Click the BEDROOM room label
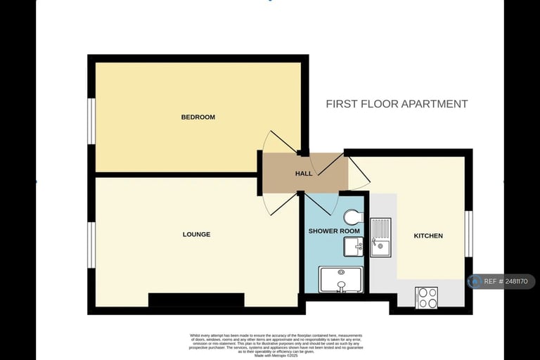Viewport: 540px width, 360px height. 198,117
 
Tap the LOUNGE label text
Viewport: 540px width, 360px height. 196,234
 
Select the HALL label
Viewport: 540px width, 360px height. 304,174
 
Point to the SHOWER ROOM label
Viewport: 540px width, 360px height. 334,231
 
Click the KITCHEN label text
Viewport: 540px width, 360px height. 428,236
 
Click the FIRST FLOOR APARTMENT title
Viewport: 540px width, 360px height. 397,104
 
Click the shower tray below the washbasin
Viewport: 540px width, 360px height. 341,279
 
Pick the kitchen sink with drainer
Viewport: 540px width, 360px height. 380,238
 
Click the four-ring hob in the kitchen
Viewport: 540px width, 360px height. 427,297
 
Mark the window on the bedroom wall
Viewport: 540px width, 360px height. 91,121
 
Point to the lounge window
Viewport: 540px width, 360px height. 91,245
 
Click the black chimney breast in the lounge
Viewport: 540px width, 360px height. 196,300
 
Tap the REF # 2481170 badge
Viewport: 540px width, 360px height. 501,281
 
